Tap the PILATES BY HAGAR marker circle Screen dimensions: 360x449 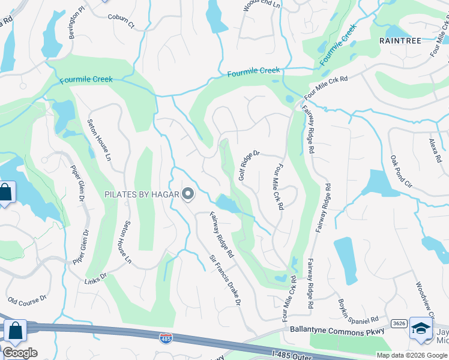pos(188,193)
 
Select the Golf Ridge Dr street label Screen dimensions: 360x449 pos(249,166)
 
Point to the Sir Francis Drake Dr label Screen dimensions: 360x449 pos(225,280)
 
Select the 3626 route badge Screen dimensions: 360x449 pos(399,323)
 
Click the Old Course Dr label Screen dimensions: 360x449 pos(27,299)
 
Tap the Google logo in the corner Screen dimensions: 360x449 pos(19,353)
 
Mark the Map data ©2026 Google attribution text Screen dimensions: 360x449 pos(412,355)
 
